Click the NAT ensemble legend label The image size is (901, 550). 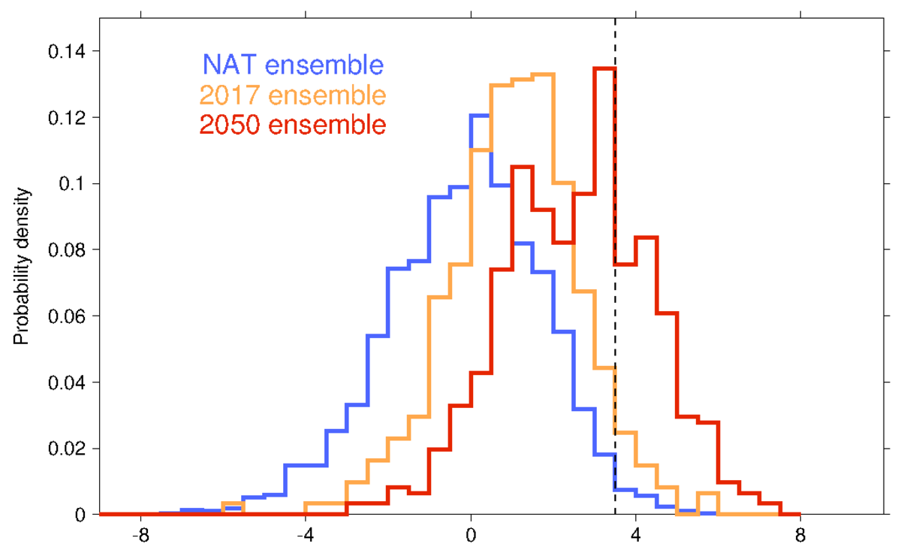tap(293, 65)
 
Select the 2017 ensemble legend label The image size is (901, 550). tap(293, 95)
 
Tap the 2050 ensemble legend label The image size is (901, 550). tap(293, 125)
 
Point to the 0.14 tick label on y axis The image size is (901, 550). tap(65, 51)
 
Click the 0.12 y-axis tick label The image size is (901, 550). tap(65, 117)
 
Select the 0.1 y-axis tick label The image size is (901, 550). tap(71, 184)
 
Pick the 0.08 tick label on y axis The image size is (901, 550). tap(65, 249)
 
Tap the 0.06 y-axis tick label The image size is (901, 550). tap(65, 316)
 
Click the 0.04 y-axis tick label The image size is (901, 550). tap(65, 382)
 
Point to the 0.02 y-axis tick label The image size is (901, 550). tap(65, 449)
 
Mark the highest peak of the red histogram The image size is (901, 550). tap(604, 68)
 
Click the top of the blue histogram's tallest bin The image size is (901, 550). tap(480, 115)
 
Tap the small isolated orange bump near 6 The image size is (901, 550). tap(707, 494)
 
